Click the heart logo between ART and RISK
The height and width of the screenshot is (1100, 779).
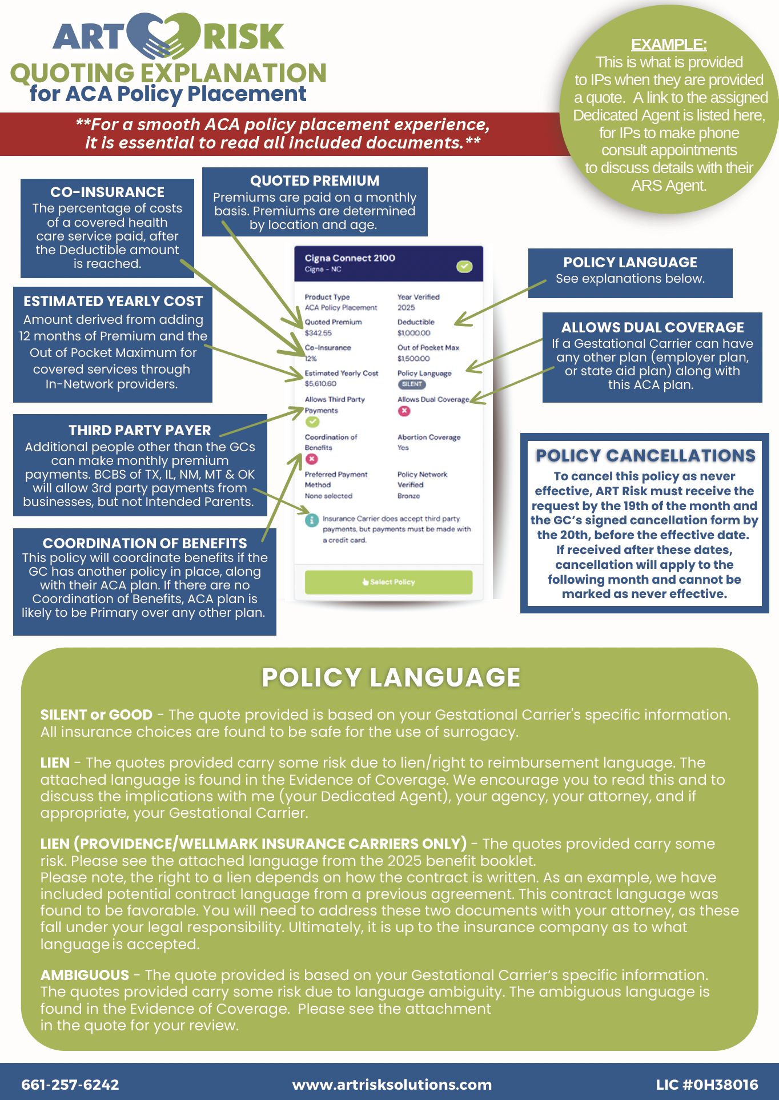[x=163, y=37]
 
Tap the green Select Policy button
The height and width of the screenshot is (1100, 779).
[x=388, y=582]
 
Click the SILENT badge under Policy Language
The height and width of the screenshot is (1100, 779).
[x=412, y=384]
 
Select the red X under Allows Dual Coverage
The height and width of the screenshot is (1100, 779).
[x=404, y=411]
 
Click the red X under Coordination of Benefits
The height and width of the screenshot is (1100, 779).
[x=311, y=459]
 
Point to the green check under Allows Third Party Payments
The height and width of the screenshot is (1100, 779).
[x=312, y=422]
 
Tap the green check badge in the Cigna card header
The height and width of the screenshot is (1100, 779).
[x=464, y=266]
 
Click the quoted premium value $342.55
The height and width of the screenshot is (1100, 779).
[x=318, y=333]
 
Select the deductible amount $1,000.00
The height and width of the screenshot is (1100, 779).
[x=414, y=333]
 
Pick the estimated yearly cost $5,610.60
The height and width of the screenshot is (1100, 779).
[x=320, y=384]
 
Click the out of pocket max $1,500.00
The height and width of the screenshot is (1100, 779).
[x=413, y=359]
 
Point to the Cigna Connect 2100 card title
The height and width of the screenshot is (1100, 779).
[x=350, y=258]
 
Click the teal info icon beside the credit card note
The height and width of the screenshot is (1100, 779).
[x=311, y=520]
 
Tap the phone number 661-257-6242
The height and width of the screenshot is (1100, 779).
[x=70, y=1085]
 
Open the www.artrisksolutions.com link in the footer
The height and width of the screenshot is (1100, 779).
[x=392, y=1085]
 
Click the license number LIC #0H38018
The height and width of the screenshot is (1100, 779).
[x=707, y=1085]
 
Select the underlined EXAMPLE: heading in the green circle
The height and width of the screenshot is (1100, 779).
[x=669, y=45]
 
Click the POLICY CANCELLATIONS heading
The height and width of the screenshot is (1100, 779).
[x=645, y=456]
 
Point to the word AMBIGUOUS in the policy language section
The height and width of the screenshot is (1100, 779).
[x=85, y=975]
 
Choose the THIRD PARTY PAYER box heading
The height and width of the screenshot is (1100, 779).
[x=140, y=430]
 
